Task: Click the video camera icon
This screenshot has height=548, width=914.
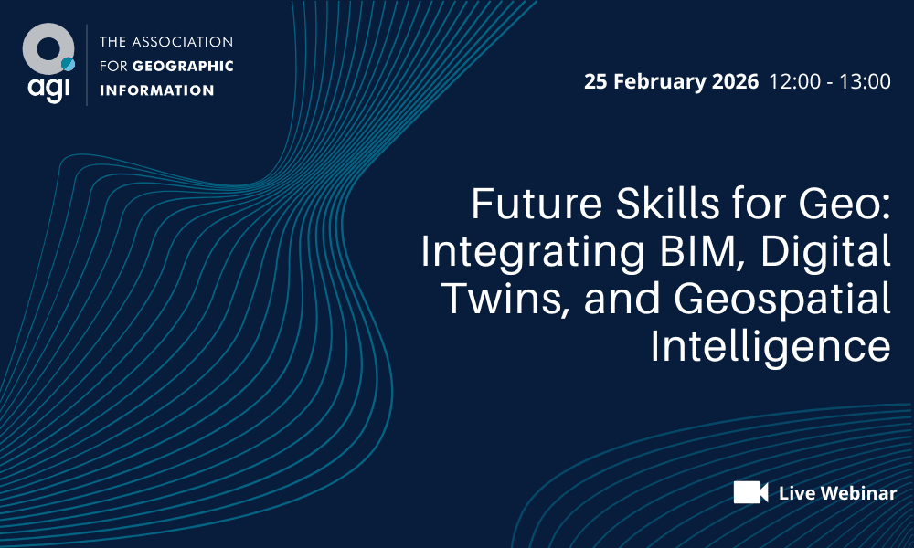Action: pos(750,492)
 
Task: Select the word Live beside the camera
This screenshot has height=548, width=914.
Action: pos(794,493)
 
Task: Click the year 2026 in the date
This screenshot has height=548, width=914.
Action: pos(734,81)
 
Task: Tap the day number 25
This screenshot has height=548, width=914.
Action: pos(596,81)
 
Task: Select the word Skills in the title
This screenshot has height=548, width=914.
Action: pos(643,205)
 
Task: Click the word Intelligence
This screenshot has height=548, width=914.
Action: pos(770,348)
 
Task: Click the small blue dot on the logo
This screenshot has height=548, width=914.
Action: pos(68,64)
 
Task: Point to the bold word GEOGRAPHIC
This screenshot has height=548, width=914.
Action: pos(183,66)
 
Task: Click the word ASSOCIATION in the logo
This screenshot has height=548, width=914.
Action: pos(182,42)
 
